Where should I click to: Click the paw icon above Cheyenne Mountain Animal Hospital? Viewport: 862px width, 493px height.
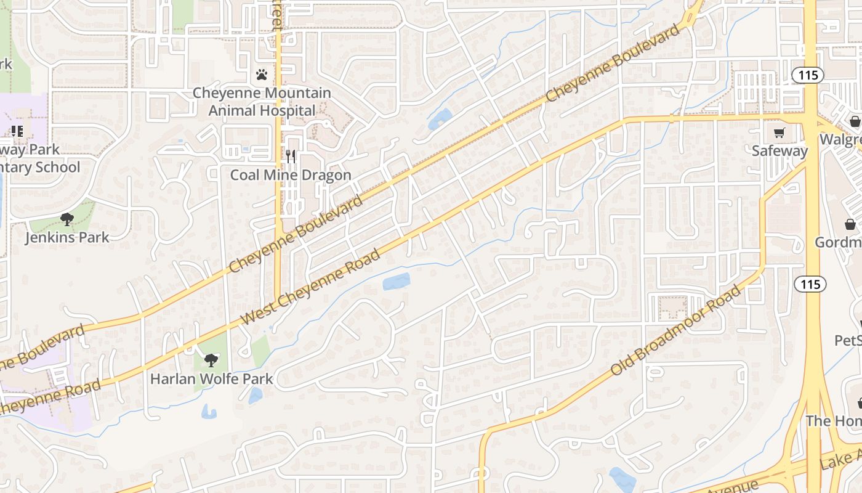262,75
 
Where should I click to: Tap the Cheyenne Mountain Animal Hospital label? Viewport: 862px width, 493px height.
262,102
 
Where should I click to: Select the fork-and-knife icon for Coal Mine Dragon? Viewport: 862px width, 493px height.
291,156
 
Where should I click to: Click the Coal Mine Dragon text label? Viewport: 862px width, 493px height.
291,175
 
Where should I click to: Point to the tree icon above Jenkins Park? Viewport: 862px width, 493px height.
66,219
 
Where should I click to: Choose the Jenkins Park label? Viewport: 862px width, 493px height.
67,237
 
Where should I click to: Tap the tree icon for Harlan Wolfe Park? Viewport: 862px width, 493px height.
211,360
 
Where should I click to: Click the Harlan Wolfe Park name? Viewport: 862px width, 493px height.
211,378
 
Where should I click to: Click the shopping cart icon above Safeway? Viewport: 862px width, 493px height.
779,132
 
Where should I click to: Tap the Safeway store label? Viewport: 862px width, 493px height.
779,151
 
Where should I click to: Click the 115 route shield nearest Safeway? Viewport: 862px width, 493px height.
807,75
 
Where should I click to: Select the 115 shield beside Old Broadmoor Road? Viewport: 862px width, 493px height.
810,284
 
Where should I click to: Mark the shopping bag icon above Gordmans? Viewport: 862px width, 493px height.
850,224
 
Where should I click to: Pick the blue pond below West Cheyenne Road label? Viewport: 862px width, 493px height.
396,282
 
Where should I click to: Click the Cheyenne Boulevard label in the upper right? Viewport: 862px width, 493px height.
613,63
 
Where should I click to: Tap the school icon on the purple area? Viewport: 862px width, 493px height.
17,131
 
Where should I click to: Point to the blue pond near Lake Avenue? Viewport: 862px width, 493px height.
622,478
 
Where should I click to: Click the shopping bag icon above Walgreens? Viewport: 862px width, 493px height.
855,121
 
